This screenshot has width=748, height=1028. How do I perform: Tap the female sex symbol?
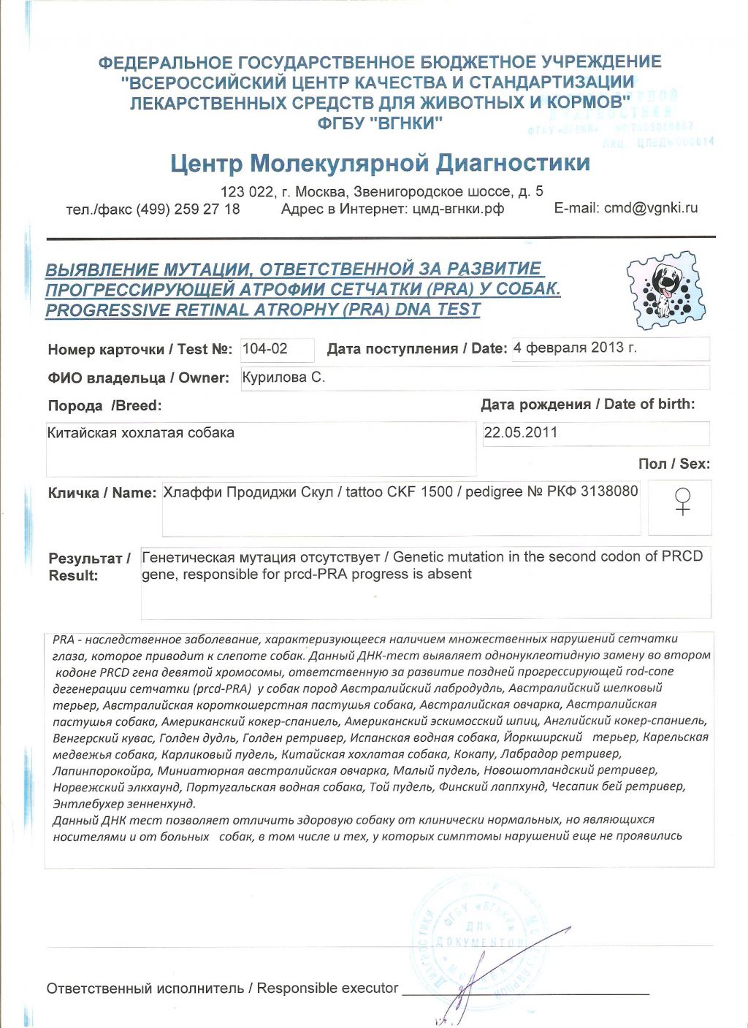(x=682, y=502)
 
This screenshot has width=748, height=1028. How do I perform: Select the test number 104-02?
(x=265, y=349)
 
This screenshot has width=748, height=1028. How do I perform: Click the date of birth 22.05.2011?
(x=521, y=432)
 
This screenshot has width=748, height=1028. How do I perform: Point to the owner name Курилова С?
(x=283, y=377)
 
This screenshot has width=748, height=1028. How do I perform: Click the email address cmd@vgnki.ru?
(x=651, y=208)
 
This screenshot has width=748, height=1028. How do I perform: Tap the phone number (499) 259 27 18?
(x=188, y=209)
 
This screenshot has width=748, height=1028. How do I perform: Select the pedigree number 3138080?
(x=609, y=491)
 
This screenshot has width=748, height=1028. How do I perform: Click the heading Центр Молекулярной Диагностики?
(x=380, y=163)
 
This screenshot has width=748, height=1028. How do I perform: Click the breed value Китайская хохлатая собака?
(x=141, y=433)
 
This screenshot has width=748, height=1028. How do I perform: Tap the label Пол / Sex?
(x=673, y=464)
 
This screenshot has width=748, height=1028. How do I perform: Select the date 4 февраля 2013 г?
(x=575, y=348)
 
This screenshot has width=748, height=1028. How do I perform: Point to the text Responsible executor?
(x=327, y=988)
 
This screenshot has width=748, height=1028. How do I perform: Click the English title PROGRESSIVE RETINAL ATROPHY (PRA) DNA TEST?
(x=263, y=310)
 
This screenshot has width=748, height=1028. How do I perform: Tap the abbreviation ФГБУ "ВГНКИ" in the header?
(x=380, y=123)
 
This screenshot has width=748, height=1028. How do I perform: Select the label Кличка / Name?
(x=102, y=493)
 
